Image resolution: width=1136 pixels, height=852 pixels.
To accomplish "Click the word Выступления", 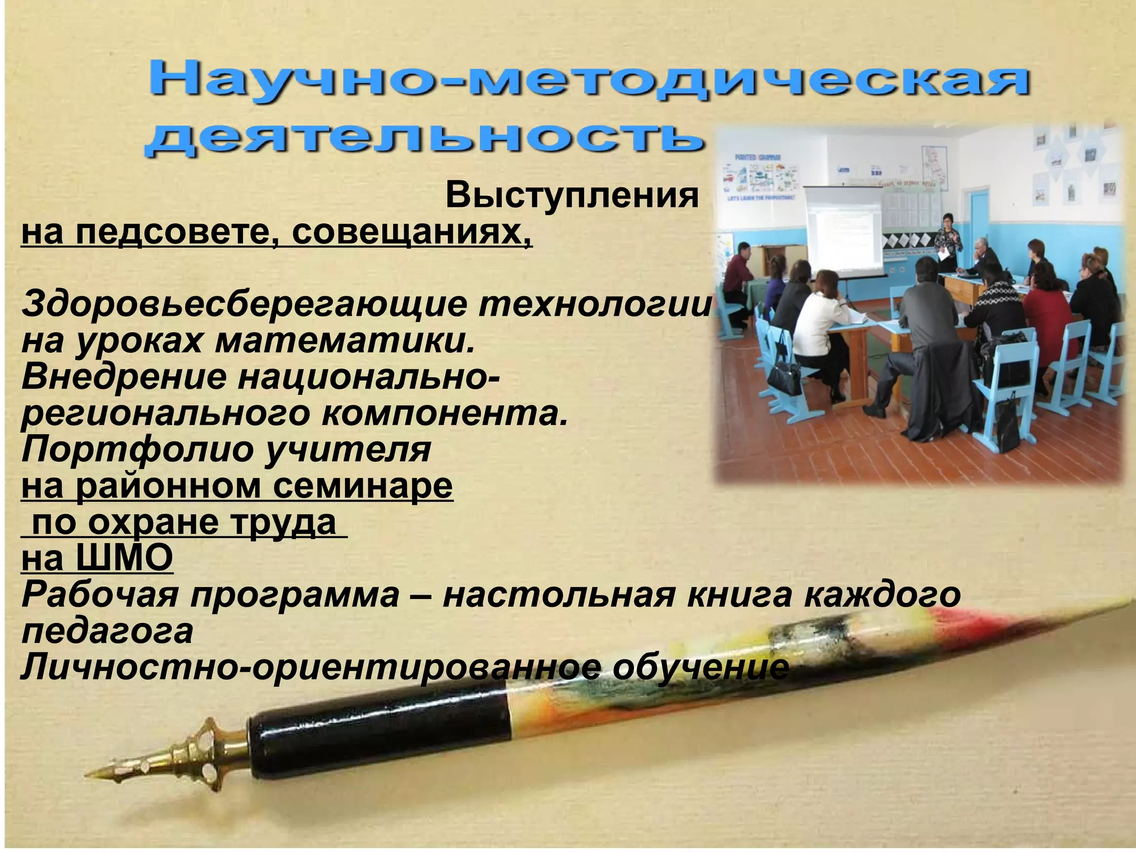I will point(571,196).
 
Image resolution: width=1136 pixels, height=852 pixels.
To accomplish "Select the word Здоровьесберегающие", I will point(244,305).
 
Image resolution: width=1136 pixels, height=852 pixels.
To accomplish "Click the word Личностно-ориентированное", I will point(311,668).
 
